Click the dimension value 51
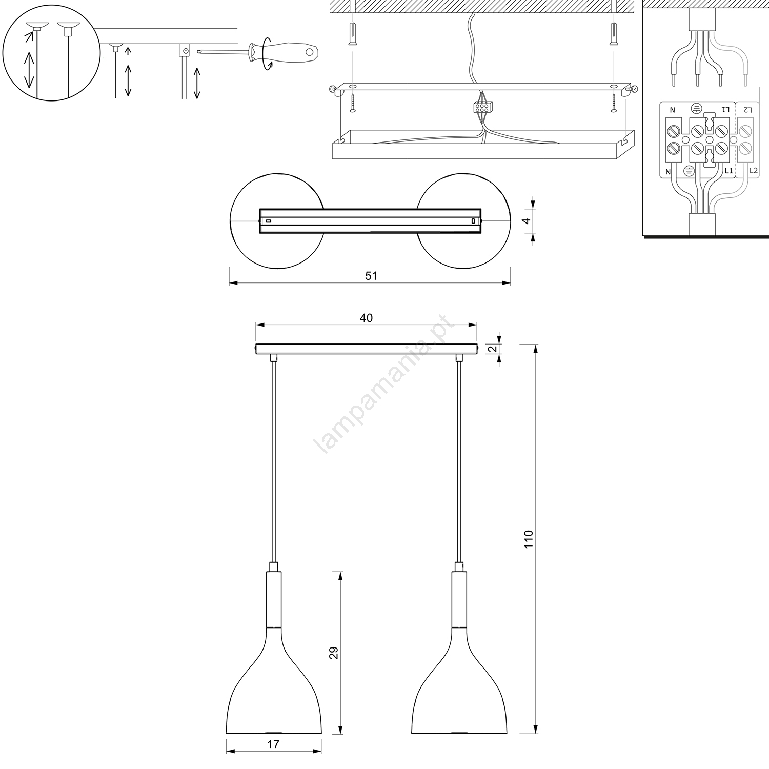pyautogui.click(x=371, y=276)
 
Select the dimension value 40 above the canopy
pyautogui.click(x=366, y=318)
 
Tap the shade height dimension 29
pyautogui.click(x=334, y=653)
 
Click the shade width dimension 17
pyautogui.click(x=273, y=744)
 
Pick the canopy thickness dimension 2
pyautogui.click(x=491, y=349)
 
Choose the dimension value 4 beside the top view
pyautogui.click(x=524, y=221)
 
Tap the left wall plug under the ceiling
pyautogui.click(x=352, y=34)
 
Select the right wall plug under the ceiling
pyautogui.click(x=613, y=34)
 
